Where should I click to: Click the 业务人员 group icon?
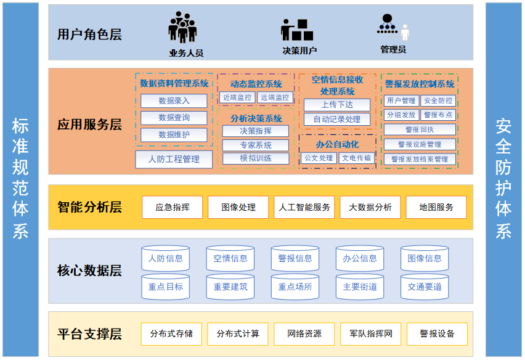click(183, 28)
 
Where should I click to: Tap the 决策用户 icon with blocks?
click(298, 30)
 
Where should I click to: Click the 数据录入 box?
click(174, 100)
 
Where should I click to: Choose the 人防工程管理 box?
click(174, 159)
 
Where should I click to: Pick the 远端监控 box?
click(275, 97)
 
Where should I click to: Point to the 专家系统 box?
click(255, 145)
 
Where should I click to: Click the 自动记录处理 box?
click(336, 119)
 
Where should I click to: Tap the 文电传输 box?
click(357, 158)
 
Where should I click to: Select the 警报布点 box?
click(438, 115)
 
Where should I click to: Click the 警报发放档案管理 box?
click(420, 159)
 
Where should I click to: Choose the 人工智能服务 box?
click(304, 207)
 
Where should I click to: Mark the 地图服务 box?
click(436, 207)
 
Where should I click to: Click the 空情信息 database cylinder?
click(230, 259)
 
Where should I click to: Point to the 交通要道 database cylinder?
click(425, 287)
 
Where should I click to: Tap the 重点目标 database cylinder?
click(165, 287)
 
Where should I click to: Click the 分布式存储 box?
click(171, 334)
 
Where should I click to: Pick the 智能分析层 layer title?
click(89, 207)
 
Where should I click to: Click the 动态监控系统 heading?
click(256, 84)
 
